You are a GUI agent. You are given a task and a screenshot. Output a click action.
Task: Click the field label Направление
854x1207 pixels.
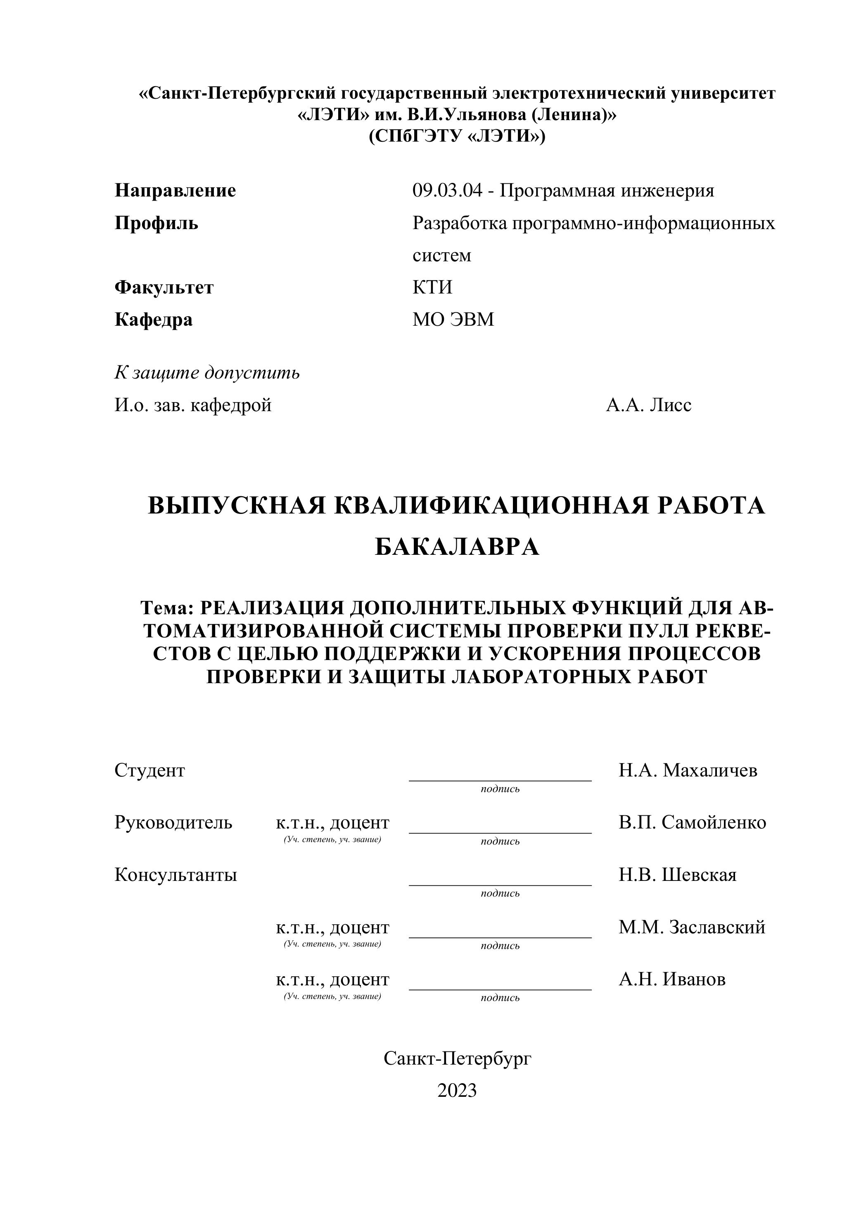175,190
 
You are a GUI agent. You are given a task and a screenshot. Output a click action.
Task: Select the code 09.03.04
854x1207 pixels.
447,190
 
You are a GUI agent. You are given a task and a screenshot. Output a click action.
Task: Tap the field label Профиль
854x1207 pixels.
156,223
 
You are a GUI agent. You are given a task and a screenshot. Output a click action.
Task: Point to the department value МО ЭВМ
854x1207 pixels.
453,319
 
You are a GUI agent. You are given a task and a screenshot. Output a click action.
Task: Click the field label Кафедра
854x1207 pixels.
154,319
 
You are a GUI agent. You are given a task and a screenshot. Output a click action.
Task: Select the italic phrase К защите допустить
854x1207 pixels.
207,373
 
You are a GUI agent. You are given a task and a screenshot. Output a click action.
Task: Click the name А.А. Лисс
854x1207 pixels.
648,405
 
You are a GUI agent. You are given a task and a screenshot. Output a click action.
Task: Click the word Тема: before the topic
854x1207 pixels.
167,608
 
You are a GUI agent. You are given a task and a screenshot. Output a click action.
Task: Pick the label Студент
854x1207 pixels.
150,771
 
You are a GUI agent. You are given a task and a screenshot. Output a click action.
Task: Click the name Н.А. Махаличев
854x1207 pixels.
688,771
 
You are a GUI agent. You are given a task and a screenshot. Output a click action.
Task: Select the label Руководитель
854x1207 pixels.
173,823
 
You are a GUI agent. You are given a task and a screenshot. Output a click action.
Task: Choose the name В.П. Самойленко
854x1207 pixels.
692,823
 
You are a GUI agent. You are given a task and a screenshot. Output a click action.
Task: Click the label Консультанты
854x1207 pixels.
176,875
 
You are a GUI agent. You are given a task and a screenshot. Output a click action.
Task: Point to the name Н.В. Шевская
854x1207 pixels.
677,875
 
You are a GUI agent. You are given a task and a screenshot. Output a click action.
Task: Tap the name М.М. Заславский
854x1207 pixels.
692,927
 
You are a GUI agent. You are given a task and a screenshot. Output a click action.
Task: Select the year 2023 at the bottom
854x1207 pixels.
457,1091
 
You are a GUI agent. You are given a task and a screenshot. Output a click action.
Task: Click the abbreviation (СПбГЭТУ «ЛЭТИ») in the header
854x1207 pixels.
457,136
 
